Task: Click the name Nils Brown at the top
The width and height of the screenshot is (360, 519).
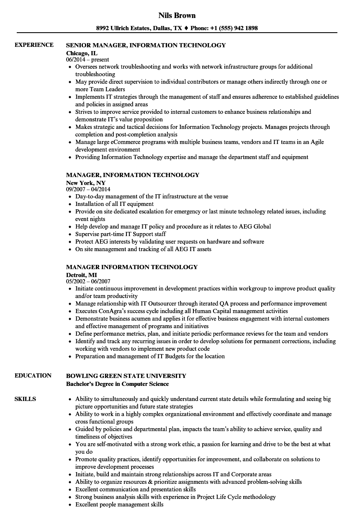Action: [177, 15]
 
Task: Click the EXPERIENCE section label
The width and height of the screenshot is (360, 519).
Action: [34, 45]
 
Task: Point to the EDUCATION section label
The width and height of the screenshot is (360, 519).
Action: [33, 375]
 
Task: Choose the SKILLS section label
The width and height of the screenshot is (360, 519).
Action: [25, 399]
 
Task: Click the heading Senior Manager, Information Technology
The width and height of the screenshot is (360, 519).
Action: [146, 45]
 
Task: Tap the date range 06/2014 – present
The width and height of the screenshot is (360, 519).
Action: [87, 60]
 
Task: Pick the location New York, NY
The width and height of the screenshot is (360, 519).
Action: [86, 182]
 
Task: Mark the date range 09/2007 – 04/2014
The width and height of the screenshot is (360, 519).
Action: [88, 190]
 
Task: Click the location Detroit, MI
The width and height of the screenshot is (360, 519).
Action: [82, 275]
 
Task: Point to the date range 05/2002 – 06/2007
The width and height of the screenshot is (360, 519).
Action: [88, 282]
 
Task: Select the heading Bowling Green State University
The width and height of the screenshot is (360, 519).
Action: [126, 376]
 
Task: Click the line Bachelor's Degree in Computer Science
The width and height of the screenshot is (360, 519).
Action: [118, 384]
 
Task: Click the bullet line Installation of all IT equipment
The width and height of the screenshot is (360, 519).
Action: [114, 204]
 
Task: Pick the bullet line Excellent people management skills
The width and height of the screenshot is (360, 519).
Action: [119, 504]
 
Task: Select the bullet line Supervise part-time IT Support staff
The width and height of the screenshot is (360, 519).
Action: [121, 234]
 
